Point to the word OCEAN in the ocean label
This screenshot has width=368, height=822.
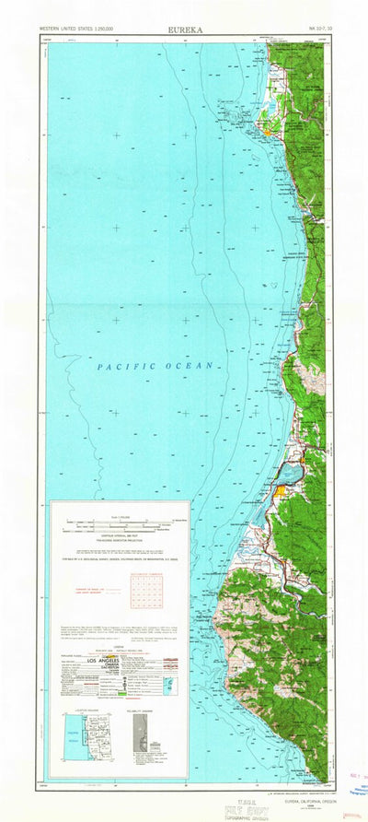[194, 366]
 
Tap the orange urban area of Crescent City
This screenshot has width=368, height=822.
[268, 132]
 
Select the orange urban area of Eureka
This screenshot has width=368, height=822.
[278, 494]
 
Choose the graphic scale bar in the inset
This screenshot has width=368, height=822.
[120, 526]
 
